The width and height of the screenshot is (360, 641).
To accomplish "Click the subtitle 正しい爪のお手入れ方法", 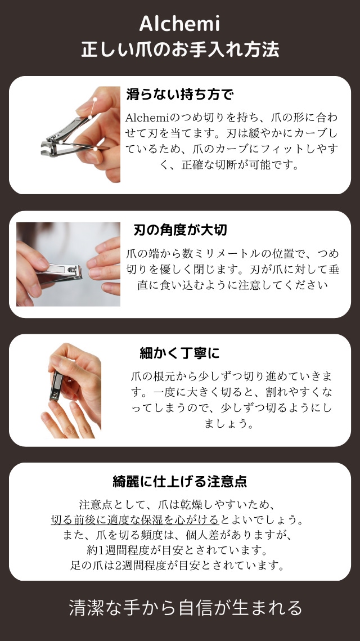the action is pos(180,49).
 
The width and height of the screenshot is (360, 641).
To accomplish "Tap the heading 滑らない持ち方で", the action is pos(180,95).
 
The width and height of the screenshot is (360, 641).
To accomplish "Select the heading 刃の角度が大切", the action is pos(180,230).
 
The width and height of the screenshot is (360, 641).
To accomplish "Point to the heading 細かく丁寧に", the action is pos(180,353).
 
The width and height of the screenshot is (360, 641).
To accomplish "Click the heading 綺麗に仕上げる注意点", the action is pos(180,481).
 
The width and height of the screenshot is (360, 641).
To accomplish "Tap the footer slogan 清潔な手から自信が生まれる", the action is pos(186,607).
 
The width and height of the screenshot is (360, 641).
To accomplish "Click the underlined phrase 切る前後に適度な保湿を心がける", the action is pos(135,519).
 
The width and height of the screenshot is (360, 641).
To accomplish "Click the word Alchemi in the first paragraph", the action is pos(147,117).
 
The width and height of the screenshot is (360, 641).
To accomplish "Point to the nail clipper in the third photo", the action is pos(57,385).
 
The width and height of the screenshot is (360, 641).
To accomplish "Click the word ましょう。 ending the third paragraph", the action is pos(229,423).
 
